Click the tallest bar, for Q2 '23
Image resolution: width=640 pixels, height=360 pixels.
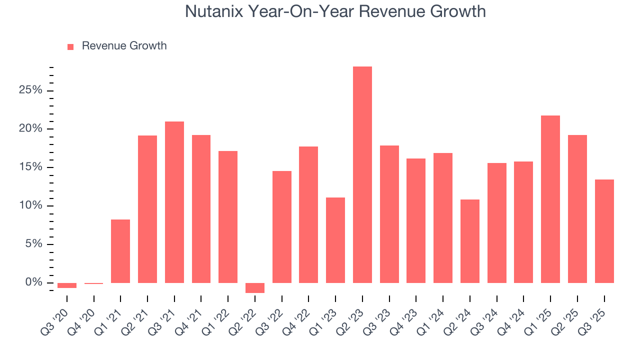(x=362, y=175)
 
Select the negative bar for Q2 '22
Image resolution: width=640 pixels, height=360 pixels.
(x=255, y=288)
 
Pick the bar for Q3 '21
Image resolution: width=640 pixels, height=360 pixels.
(x=174, y=202)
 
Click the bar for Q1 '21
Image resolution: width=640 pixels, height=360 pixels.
(x=120, y=251)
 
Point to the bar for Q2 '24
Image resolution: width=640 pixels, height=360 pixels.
(x=470, y=241)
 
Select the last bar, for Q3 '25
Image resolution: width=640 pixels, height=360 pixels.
(x=604, y=231)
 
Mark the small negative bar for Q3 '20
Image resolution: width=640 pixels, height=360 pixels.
(x=67, y=285)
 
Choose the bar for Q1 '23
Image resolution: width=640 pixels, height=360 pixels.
(x=335, y=240)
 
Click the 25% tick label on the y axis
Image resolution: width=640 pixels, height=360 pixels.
(x=30, y=90)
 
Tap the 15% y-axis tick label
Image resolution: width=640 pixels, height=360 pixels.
(x=30, y=167)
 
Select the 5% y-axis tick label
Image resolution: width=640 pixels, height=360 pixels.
(x=33, y=244)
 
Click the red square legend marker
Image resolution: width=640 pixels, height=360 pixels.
(x=70, y=46)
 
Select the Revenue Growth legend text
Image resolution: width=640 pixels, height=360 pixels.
(x=124, y=46)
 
